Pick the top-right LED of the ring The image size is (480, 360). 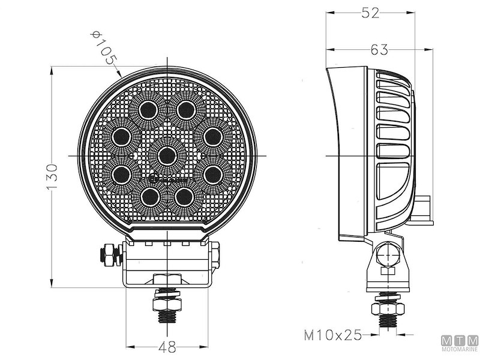pos(185,110)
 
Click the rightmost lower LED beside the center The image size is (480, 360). pos(212,174)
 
